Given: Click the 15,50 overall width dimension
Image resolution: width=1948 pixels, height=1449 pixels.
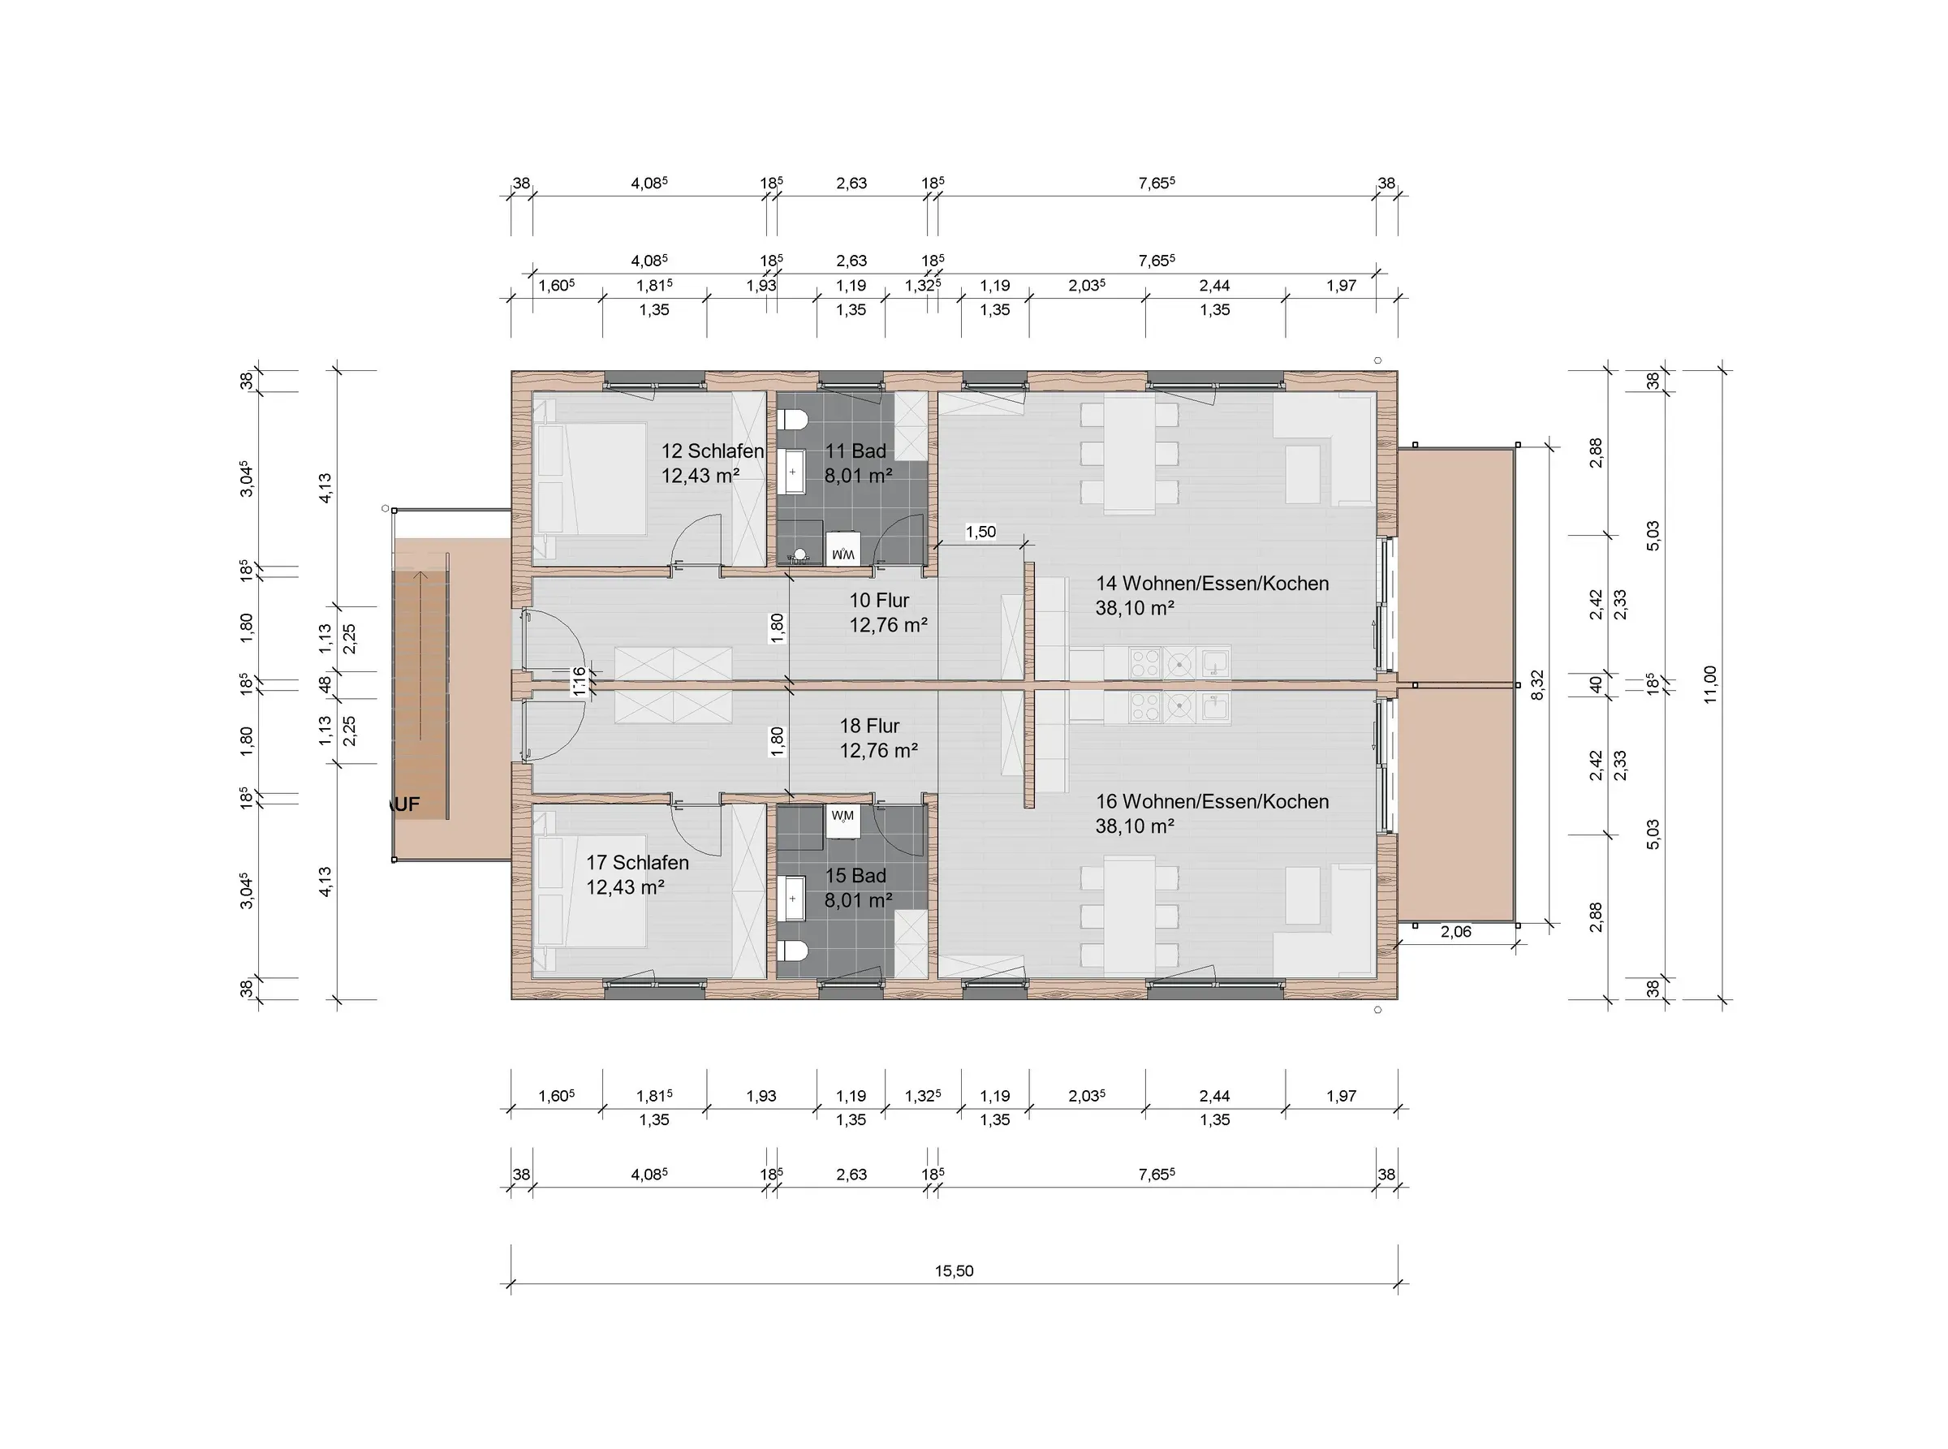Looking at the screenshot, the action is [x=954, y=1271].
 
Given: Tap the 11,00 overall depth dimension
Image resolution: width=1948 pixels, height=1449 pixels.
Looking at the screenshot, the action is [x=1709, y=684].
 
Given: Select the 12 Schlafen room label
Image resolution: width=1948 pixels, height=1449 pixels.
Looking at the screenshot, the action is [x=712, y=451].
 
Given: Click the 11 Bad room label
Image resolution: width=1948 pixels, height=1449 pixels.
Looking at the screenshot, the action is [x=855, y=451].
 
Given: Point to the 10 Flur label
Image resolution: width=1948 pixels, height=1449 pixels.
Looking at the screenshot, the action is [x=879, y=601].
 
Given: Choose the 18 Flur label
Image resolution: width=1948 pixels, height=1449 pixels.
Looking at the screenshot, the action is [x=869, y=727].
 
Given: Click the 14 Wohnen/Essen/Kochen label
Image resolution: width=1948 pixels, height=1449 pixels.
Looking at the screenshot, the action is [x=1212, y=584].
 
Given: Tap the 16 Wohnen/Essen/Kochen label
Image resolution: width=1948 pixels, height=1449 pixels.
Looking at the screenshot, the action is [x=1212, y=802].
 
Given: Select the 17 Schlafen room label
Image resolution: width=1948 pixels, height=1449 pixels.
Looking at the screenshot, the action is [x=638, y=863].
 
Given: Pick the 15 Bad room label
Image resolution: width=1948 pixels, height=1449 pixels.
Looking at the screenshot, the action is [x=855, y=875].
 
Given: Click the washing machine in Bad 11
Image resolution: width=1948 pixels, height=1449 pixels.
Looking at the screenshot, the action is [x=843, y=549].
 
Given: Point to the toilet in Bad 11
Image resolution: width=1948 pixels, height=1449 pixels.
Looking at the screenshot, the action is [x=792, y=419].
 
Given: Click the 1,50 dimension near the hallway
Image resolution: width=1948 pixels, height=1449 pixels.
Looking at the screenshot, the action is [x=980, y=532].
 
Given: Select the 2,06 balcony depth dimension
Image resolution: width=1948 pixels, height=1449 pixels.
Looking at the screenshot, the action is [x=1456, y=932].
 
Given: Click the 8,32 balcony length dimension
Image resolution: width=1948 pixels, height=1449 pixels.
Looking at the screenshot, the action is [x=1536, y=684].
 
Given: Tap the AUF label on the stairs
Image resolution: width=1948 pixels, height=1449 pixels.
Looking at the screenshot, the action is [x=405, y=804].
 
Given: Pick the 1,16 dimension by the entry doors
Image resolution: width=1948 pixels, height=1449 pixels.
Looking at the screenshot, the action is [x=578, y=680].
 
